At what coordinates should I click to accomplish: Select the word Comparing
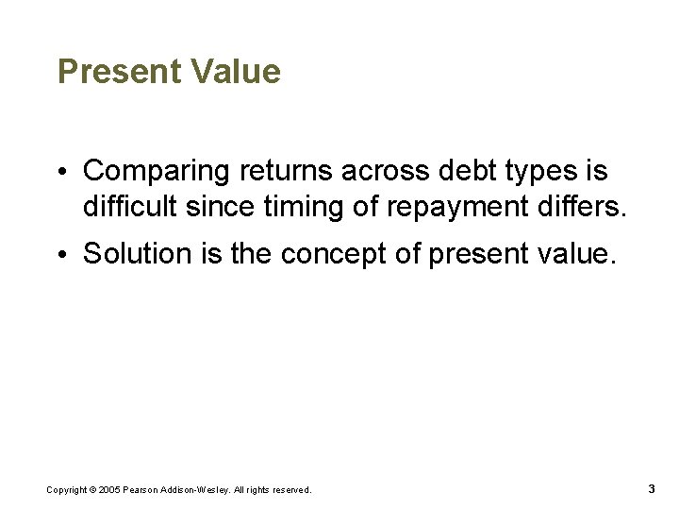(157, 172)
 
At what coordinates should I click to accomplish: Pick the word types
(534, 173)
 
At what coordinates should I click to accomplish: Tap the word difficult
(126, 205)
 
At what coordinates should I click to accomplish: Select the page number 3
(652, 488)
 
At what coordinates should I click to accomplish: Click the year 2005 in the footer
(109, 489)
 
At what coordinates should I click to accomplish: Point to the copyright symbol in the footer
(91, 489)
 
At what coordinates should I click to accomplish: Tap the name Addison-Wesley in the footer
(190, 489)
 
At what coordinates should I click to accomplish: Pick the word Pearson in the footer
(141, 489)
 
